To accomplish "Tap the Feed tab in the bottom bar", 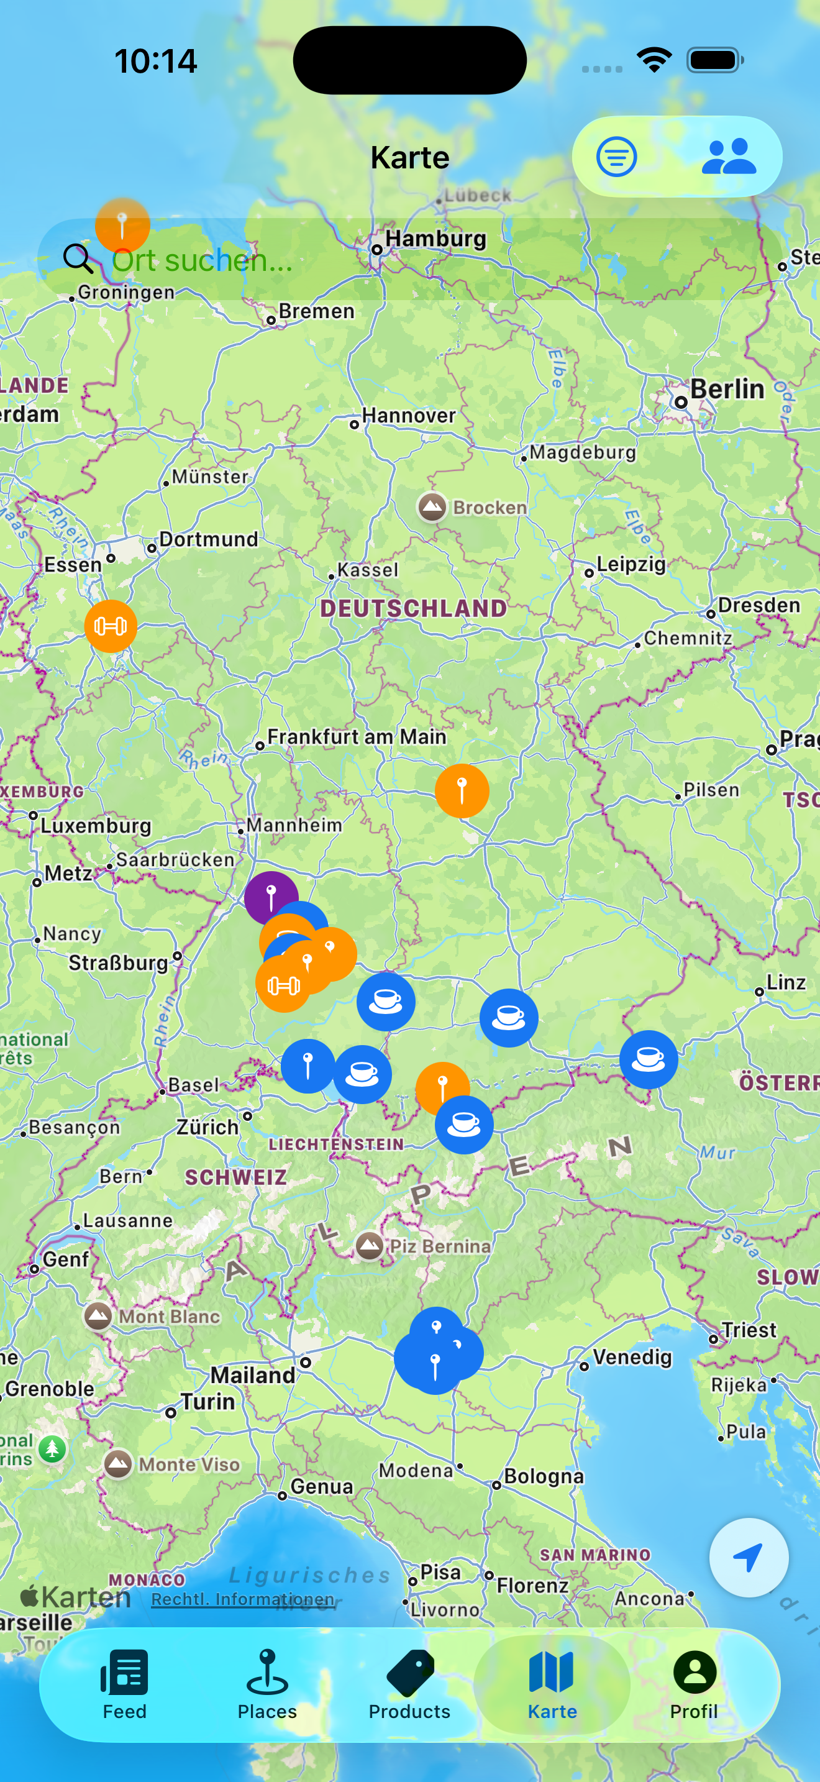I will (x=124, y=1684).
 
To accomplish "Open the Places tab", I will (x=267, y=1684).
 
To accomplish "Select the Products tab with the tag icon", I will (x=409, y=1684).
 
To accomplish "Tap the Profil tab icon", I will (x=694, y=1673).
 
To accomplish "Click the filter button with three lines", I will (x=616, y=157).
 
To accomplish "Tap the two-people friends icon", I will (x=728, y=157).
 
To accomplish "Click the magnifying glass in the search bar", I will (x=78, y=258).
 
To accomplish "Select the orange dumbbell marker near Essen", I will (x=111, y=626).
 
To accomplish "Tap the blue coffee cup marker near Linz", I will (x=649, y=1059).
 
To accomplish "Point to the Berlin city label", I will (x=727, y=390).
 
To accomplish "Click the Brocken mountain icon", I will (x=432, y=507).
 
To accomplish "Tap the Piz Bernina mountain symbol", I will (x=369, y=1246).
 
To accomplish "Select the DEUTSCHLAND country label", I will (x=414, y=609).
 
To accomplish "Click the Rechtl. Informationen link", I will (x=243, y=1599).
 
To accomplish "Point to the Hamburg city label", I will (x=435, y=239).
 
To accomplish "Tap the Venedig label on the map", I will (x=632, y=1356).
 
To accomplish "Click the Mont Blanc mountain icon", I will (x=98, y=1315).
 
